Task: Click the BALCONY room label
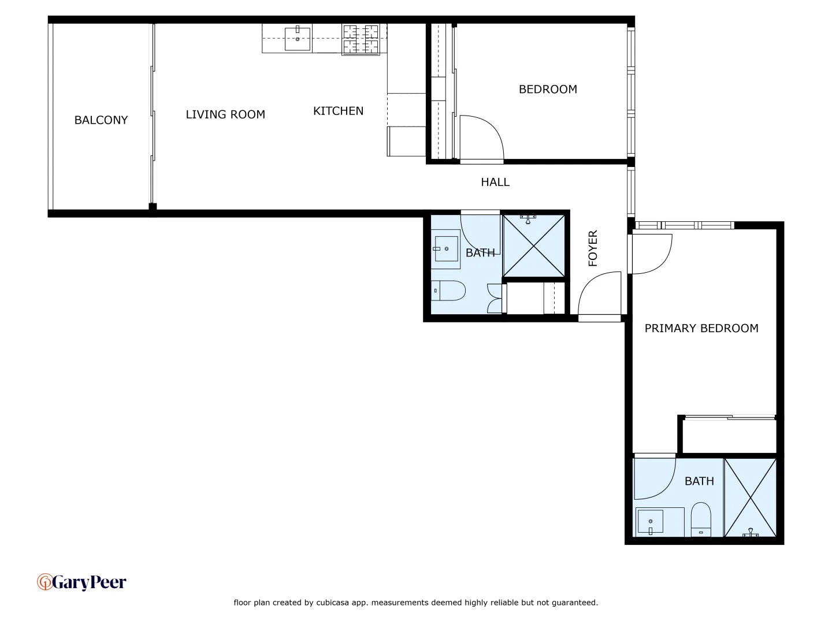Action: coord(101,120)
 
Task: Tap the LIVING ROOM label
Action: coord(225,114)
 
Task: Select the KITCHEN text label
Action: coord(338,111)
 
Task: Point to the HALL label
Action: coord(495,182)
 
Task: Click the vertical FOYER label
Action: coord(593,248)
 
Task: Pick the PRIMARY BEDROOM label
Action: coord(701,328)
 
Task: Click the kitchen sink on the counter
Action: coord(298,39)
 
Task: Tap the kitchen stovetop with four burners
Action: coord(361,39)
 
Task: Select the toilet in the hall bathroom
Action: coord(449,291)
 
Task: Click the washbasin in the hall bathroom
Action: coord(446,249)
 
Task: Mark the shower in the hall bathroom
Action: coord(533,246)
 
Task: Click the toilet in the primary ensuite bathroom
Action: coord(701,519)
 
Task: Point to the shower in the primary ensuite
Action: coord(750,497)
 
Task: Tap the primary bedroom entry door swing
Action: coord(651,253)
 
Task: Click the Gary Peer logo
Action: coord(81,582)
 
